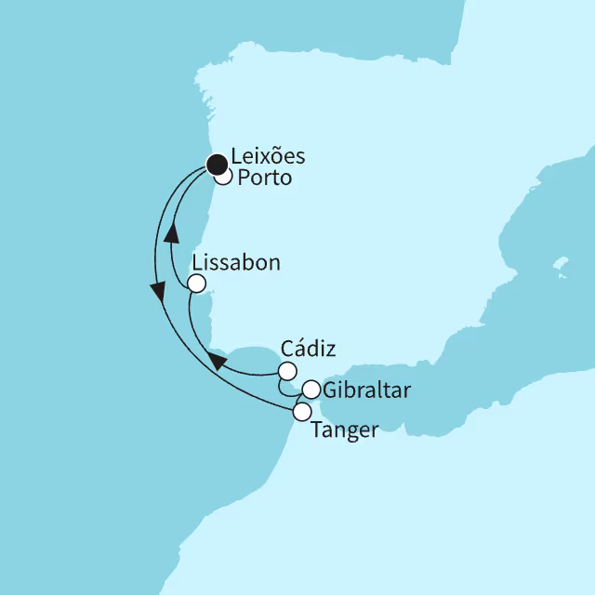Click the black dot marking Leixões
pyautogui.click(x=217, y=165)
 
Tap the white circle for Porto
pyautogui.click(x=224, y=177)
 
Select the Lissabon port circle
pyautogui.click(x=196, y=283)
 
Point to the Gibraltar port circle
pyautogui.click(x=311, y=390)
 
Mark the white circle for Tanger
pyautogui.click(x=301, y=410)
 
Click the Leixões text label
pyautogui.click(x=271, y=157)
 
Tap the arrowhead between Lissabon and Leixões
pyautogui.click(x=171, y=239)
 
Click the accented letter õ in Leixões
pyautogui.click(x=282, y=157)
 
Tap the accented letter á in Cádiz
pyautogui.click(x=295, y=349)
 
